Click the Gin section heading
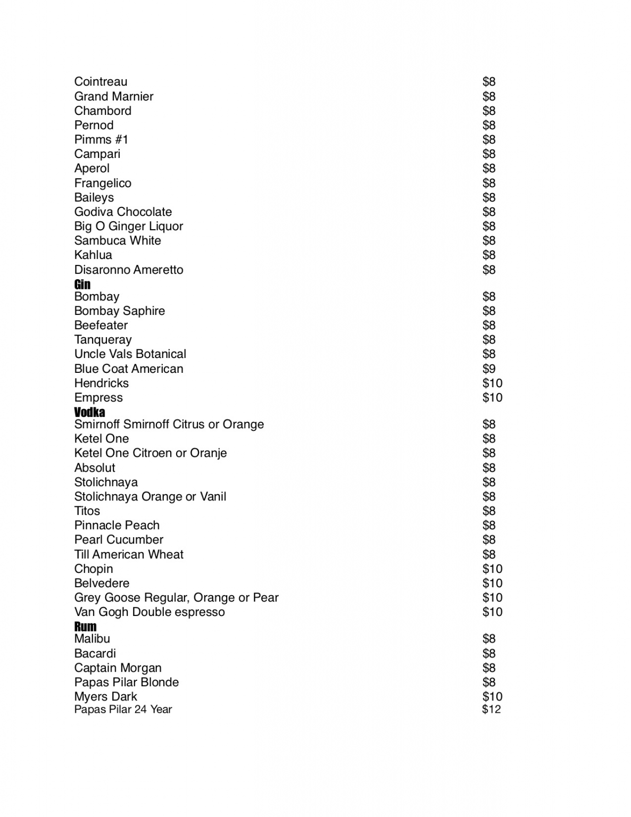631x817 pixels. [x=82, y=284]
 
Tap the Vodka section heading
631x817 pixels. [x=89, y=412]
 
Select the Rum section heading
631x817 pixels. [x=85, y=626]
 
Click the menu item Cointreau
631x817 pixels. [x=101, y=81]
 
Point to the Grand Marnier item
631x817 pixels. [x=114, y=96]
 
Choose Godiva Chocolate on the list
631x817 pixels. [x=123, y=212]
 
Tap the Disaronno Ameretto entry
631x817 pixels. [x=129, y=270]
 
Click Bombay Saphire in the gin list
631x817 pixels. [x=120, y=311]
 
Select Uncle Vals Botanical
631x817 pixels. [x=130, y=354]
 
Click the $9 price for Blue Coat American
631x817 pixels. [x=489, y=369]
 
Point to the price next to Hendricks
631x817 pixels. [x=492, y=383]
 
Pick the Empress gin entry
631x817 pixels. [x=98, y=397]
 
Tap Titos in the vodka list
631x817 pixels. [x=87, y=511]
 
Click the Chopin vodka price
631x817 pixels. [x=492, y=569]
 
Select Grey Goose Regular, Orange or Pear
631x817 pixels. [x=176, y=597]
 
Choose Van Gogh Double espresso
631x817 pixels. [x=150, y=612]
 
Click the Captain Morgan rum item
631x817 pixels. [x=118, y=668]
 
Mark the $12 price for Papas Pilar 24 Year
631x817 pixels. [x=491, y=709]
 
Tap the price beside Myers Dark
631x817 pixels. [x=492, y=696]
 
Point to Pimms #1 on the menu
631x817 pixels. [x=101, y=139]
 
